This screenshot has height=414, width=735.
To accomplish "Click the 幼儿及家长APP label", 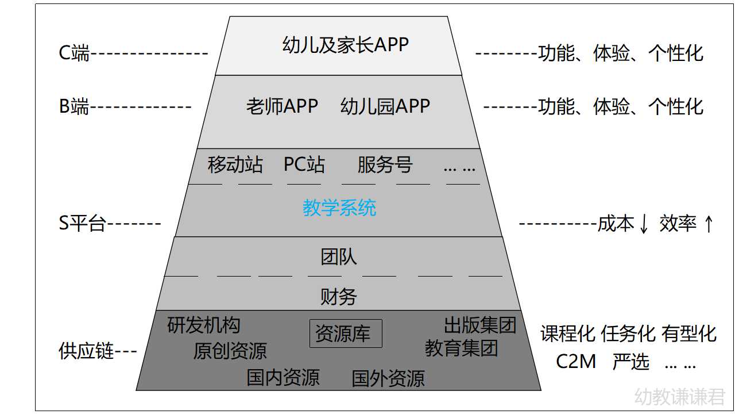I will click(x=345, y=44).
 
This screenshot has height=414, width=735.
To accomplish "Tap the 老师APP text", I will click(x=282, y=106).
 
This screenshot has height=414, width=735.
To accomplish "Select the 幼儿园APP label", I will click(x=385, y=106).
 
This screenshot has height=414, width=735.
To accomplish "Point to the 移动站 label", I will click(x=235, y=165).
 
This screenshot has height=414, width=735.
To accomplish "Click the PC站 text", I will click(x=304, y=165).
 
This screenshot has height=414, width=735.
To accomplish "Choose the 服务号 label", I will click(x=385, y=165).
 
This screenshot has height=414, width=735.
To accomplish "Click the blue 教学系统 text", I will click(x=339, y=208).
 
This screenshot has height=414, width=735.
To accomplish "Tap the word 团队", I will click(x=339, y=256).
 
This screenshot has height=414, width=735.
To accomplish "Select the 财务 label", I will click(x=339, y=297).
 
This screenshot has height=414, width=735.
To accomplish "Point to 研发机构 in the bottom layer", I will click(x=204, y=325).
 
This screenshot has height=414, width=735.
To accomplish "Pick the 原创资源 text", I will click(x=230, y=351).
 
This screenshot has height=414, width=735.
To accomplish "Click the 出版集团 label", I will click(x=480, y=325).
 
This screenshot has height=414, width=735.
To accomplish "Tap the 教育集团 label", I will click(x=461, y=348).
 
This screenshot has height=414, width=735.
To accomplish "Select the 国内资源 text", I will click(x=283, y=378).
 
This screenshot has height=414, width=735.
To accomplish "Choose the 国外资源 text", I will click(x=388, y=378).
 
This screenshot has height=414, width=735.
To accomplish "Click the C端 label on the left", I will click(x=74, y=53).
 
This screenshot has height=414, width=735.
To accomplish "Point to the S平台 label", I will click(x=82, y=224).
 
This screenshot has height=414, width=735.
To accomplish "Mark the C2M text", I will click(x=576, y=362).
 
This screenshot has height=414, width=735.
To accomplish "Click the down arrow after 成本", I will click(x=644, y=224).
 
